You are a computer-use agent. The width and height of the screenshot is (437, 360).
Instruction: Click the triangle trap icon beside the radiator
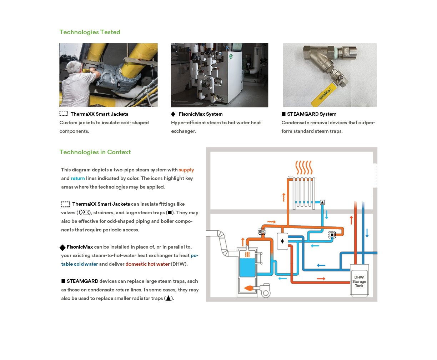322,202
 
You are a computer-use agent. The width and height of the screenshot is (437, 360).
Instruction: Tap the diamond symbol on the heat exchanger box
282,241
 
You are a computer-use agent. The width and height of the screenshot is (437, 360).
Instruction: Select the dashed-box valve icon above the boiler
262,232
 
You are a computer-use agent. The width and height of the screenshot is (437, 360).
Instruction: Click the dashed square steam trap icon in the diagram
332,235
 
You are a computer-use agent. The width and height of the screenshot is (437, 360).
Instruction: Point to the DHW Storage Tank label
359,281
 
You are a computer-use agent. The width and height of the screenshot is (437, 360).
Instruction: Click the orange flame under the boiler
250,288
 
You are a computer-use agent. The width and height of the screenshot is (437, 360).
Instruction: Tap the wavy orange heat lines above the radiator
304,167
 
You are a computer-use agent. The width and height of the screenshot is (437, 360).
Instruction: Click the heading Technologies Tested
90,32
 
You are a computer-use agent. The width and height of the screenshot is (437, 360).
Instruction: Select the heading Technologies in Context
95,152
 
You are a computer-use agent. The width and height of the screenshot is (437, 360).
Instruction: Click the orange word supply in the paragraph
186,170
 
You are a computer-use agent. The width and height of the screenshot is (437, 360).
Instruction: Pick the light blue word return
77,179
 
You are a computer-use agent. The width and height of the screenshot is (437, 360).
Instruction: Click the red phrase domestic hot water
147,264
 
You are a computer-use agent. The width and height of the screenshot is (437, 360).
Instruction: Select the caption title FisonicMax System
201,114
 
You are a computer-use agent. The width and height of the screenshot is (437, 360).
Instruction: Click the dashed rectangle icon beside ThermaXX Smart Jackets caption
64,114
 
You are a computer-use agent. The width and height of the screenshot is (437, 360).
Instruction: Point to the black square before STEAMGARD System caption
283,114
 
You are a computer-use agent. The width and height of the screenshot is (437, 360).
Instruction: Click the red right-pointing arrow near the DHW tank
321,279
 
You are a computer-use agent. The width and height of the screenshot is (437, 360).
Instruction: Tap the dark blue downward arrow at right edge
367,233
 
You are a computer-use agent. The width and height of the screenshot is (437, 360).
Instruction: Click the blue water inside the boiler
247,267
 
